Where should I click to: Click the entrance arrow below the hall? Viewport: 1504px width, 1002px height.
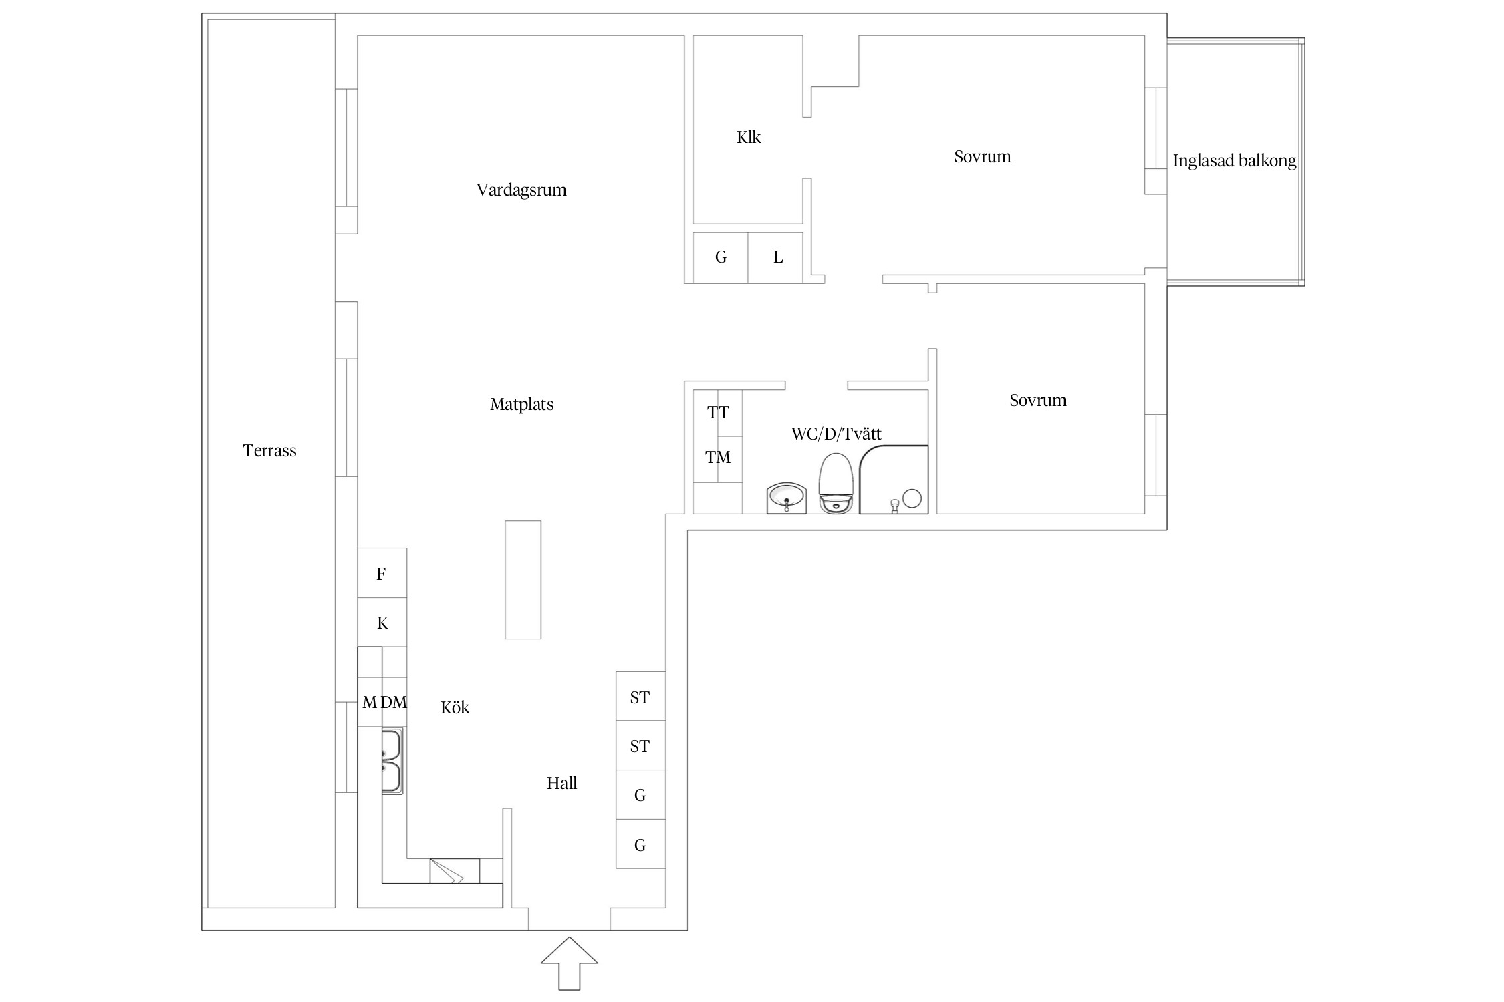pyautogui.click(x=569, y=963)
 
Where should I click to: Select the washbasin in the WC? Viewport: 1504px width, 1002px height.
pyautogui.click(x=786, y=498)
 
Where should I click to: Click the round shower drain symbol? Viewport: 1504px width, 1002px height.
pyautogui.click(x=912, y=498)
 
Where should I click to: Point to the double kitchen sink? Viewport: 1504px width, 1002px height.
pyautogui.click(x=392, y=761)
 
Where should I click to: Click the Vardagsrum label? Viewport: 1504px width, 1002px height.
pyautogui.click(x=521, y=190)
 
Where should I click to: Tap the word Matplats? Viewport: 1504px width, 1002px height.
pyautogui.click(x=522, y=404)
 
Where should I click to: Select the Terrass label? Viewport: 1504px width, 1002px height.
pyautogui.click(x=269, y=451)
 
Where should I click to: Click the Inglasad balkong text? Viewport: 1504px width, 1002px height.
pyautogui.click(x=1235, y=161)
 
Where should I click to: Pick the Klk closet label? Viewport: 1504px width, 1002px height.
pyautogui.click(x=749, y=138)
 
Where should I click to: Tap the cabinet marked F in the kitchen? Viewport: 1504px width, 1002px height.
pyautogui.click(x=382, y=572)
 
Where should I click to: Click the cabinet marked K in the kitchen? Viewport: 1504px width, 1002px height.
pyautogui.click(x=382, y=622)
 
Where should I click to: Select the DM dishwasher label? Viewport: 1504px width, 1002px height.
pyautogui.click(x=394, y=702)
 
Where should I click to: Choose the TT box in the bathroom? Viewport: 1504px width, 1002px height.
pyautogui.click(x=718, y=413)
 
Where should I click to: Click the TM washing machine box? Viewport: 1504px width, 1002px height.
pyautogui.click(x=718, y=459)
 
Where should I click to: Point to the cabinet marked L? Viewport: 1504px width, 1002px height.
pyautogui.click(x=775, y=258)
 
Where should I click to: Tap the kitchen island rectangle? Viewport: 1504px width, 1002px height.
pyautogui.click(x=523, y=580)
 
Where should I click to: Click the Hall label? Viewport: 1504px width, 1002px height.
pyautogui.click(x=561, y=783)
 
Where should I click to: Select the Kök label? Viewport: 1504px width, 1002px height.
pyautogui.click(x=455, y=707)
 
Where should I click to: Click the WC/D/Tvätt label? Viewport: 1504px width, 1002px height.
pyautogui.click(x=836, y=434)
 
